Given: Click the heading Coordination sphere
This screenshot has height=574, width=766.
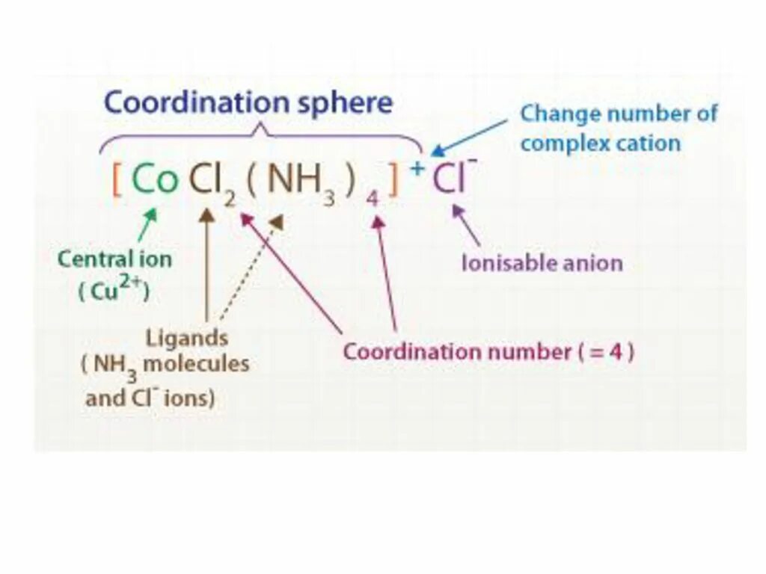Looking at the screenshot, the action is (x=248, y=102).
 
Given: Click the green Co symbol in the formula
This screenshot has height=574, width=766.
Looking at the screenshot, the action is (x=155, y=181).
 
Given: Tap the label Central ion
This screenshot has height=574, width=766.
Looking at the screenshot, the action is (x=114, y=259).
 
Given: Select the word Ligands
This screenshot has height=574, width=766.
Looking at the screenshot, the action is (x=187, y=338).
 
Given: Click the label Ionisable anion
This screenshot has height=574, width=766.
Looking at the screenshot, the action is (x=542, y=263).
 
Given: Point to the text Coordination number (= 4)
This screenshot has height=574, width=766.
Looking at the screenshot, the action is (x=488, y=351).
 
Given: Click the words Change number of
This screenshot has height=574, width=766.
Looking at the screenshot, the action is (x=618, y=114).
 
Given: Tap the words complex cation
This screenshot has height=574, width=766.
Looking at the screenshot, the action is (x=600, y=143).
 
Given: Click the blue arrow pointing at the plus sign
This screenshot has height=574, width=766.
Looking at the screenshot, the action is (x=470, y=137).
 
